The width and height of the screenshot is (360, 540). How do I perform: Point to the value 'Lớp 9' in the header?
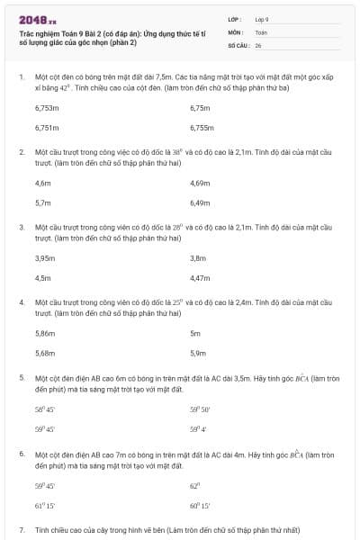[x=262, y=18]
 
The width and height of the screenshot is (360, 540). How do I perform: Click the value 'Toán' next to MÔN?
[x=261, y=31]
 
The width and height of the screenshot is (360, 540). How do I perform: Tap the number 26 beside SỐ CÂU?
[x=258, y=44]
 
